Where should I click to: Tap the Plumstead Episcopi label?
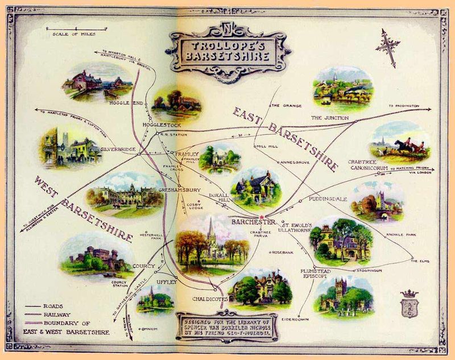[317, 275]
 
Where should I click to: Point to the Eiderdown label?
[294, 319]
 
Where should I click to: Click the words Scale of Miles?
[71, 34]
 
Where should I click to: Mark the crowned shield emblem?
[409, 304]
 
